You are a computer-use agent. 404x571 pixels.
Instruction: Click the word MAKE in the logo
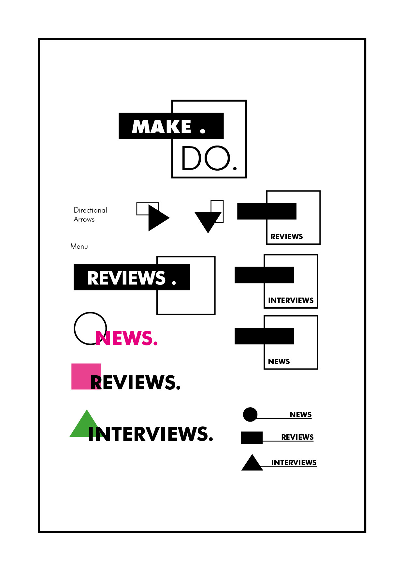click(x=161, y=127)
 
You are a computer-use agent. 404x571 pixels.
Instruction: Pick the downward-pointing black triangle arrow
click(x=207, y=221)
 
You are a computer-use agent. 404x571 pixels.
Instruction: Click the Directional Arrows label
click(x=90, y=215)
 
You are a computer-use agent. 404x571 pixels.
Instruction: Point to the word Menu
click(x=79, y=246)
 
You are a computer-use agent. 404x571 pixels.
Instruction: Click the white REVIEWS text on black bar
click(x=126, y=278)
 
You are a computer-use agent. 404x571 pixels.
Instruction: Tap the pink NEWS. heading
click(x=127, y=338)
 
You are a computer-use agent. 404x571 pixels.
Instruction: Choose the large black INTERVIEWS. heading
click(x=151, y=434)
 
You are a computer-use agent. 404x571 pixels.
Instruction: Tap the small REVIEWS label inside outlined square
click(x=287, y=237)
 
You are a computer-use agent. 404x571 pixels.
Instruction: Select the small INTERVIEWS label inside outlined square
click(x=291, y=300)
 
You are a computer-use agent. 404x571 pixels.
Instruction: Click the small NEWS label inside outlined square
click(x=279, y=362)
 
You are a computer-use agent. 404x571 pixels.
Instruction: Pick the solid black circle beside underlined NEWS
click(x=250, y=414)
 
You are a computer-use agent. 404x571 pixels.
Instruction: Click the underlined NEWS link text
click(x=301, y=415)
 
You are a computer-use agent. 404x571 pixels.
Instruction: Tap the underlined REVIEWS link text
click(x=297, y=437)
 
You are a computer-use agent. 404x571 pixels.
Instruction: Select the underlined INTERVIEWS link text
click(x=294, y=463)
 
